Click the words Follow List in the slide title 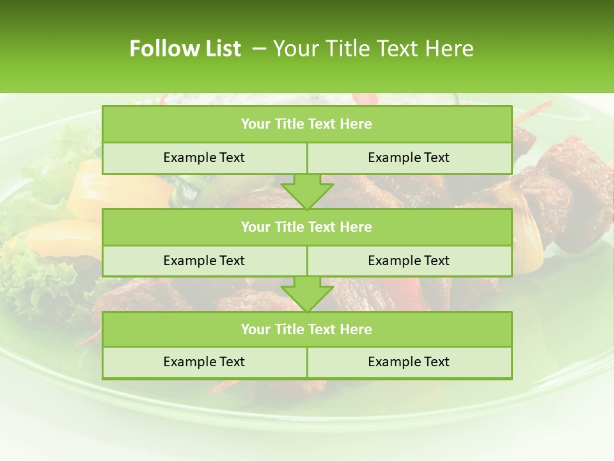185,49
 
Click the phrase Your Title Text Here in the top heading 373,49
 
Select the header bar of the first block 307,124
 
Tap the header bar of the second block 307,227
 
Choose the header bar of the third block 307,329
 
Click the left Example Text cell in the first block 204,158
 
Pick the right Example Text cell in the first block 409,158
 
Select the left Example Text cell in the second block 204,261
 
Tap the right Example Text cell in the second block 409,261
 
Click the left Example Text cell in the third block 204,362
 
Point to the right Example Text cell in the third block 409,362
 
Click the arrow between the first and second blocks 307,190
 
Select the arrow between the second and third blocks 307,294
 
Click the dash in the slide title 258,49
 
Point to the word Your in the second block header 255,227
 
